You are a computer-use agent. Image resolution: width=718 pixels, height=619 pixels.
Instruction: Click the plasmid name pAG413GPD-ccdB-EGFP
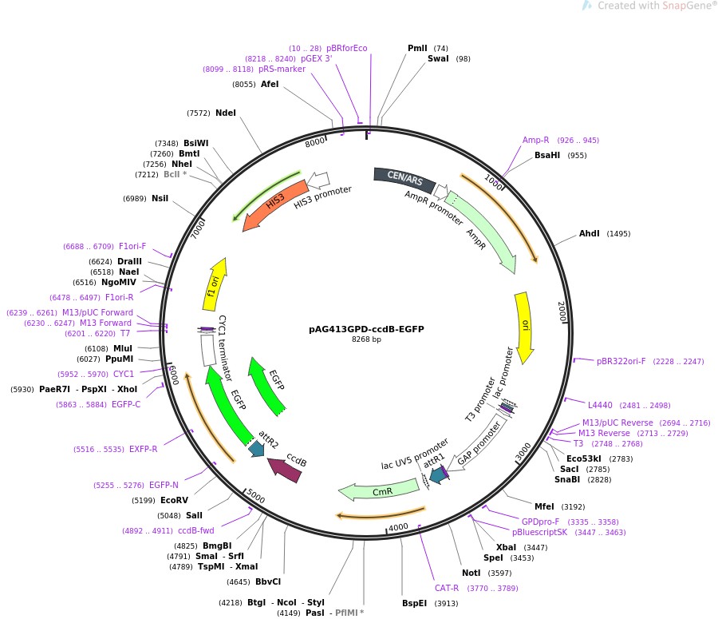(x=366, y=329)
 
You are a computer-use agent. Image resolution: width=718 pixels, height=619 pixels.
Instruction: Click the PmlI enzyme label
(x=417, y=49)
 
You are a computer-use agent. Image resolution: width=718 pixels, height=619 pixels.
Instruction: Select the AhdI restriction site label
(x=589, y=234)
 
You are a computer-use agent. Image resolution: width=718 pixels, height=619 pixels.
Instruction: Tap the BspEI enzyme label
(x=415, y=604)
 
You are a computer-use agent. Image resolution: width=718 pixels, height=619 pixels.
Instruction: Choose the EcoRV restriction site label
(x=174, y=501)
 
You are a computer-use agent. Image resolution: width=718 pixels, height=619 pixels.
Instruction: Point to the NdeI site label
(x=226, y=113)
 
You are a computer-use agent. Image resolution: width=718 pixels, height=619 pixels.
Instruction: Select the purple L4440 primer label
(x=601, y=405)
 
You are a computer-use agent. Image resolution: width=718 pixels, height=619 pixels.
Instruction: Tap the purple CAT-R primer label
(x=447, y=589)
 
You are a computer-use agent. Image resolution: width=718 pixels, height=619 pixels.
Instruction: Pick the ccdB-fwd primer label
(x=195, y=530)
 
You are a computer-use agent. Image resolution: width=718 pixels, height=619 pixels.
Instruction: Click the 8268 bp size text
(x=366, y=340)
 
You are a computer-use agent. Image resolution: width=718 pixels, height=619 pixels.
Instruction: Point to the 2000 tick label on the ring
(x=561, y=310)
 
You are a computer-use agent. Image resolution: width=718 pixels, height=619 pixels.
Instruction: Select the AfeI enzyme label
(x=270, y=84)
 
